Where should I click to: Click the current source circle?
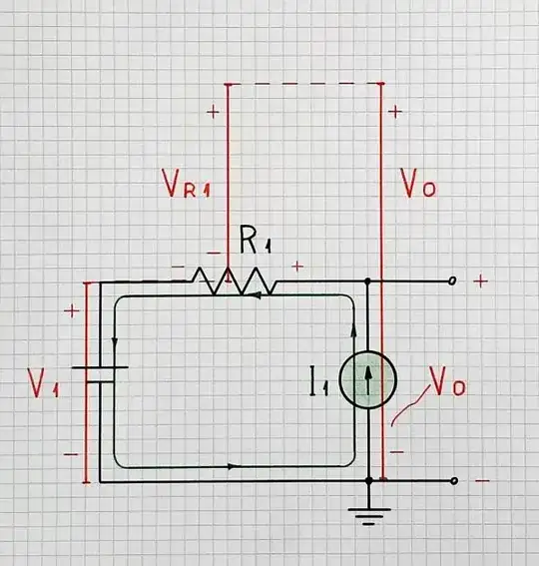[x=367, y=380]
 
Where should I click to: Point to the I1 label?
[x=319, y=380]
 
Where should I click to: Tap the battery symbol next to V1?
[x=102, y=374]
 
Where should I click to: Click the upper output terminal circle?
[x=452, y=283]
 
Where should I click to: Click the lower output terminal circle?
[x=454, y=481]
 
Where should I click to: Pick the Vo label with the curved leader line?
[x=446, y=382]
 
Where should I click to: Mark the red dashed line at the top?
[x=304, y=84]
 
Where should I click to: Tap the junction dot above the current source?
[x=368, y=283]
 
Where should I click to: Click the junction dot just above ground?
[x=369, y=481]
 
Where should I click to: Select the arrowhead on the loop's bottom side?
[x=233, y=466]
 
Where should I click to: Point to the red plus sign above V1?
[x=71, y=311]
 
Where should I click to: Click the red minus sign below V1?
[x=70, y=454]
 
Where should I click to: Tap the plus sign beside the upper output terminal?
[x=480, y=283]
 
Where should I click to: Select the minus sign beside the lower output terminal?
[x=482, y=481]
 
